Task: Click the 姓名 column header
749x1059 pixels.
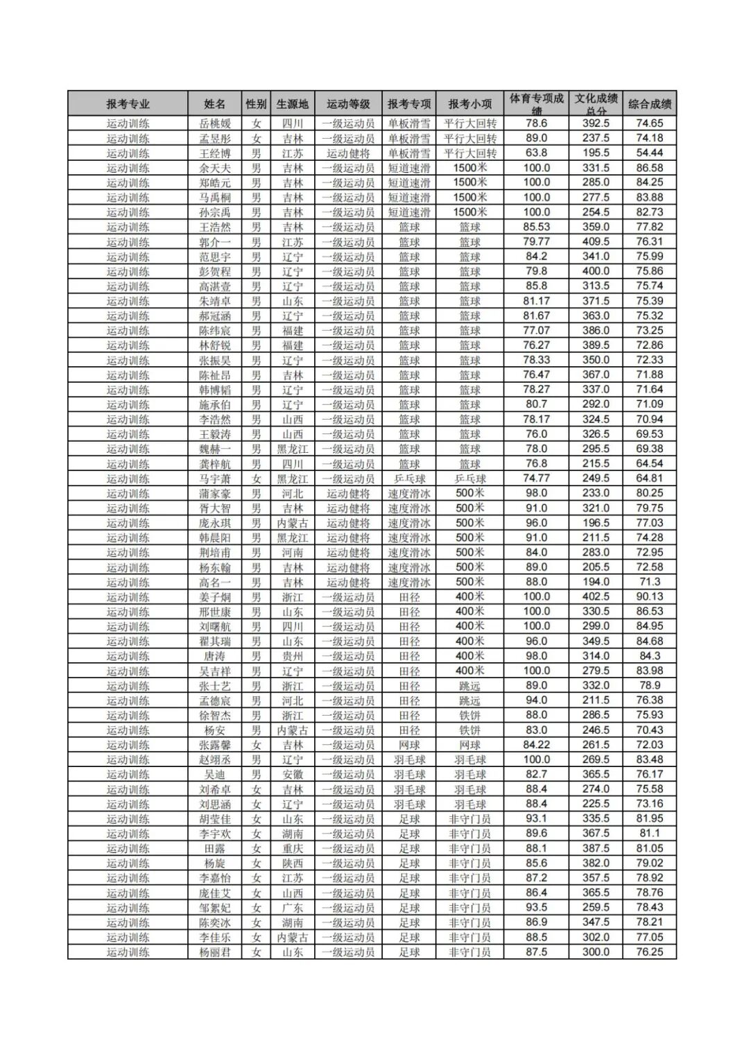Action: click(215, 104)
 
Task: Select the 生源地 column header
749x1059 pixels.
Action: click(293, 104)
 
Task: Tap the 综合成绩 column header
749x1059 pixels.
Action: click(650, 104)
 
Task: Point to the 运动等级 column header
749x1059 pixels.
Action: click(349, 104)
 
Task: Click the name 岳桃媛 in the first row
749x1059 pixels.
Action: click(215, 123)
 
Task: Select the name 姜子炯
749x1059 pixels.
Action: click(215, 597)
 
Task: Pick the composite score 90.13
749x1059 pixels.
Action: click(650, 597)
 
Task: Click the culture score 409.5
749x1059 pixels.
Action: click(596, 242)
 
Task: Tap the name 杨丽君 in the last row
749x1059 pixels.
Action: click(215, 952)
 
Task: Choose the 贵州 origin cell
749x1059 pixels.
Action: click(293, 656)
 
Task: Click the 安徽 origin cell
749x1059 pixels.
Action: click(293, 775)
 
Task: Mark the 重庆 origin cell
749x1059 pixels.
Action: click(293, 849)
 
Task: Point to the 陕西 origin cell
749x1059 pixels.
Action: click(293, 863)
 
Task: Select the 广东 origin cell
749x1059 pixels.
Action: click(293, 908)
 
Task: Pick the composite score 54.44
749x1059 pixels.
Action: click(650, 153)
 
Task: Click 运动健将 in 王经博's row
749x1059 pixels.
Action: click(349, 153)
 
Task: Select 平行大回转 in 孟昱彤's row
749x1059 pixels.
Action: click(470, 139)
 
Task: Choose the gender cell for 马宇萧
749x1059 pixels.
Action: click(257, 479)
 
